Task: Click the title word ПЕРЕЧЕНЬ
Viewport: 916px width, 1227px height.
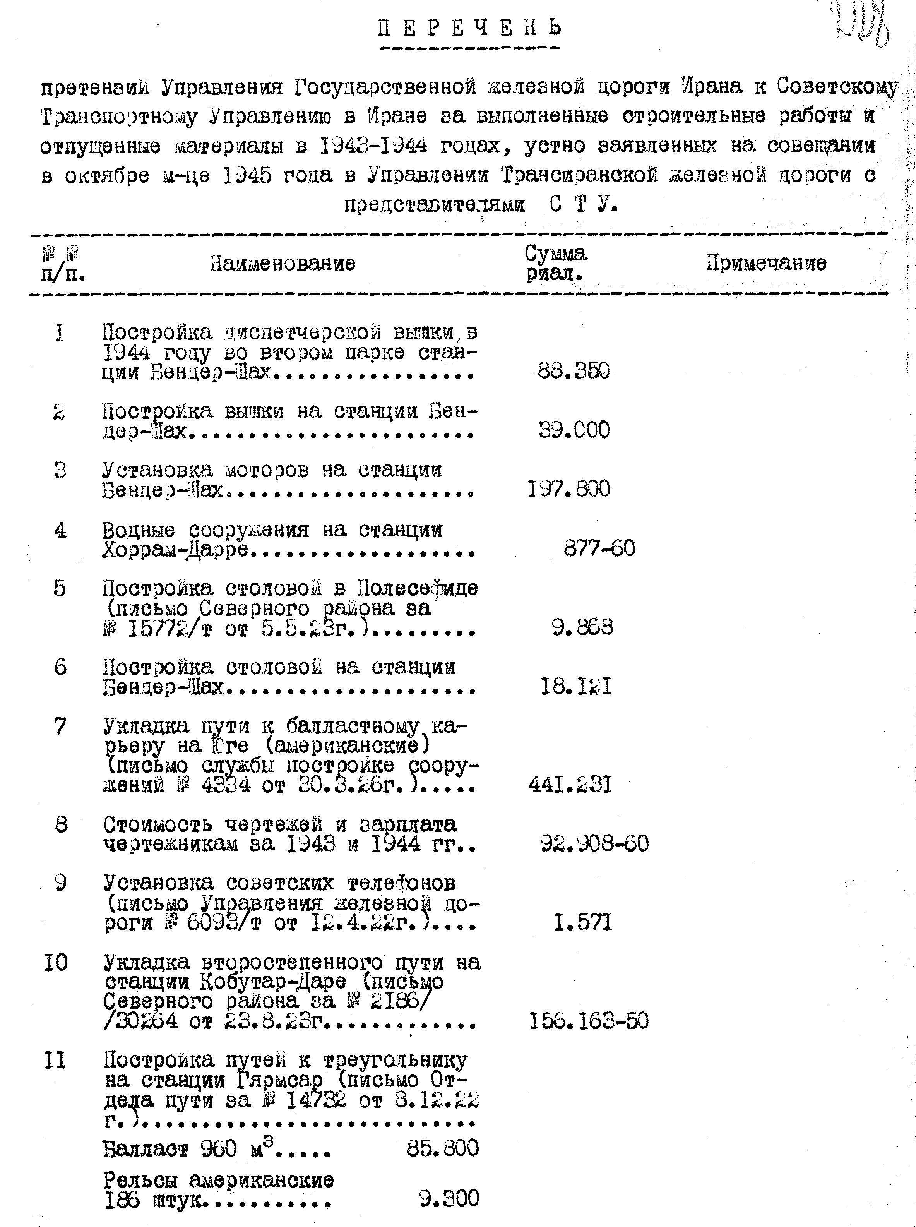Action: pyautogui.click(x=470, y=28)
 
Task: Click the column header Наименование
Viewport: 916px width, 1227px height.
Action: pyautogui.click(x=283, y=263)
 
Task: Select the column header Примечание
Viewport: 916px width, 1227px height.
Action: pyautogui.click(x=766, y=263)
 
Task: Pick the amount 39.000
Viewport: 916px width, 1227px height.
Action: pyautogui.click(x=574, y=430)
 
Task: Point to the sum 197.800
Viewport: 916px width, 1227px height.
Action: pyautogui.click(x=569, y=489)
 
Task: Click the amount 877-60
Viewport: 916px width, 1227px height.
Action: pyautogui.click(x=599, y=549)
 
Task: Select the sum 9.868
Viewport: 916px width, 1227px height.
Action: pyautogui.click(x=582, y=627)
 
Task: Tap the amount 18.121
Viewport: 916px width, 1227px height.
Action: pyautogui.click(x=576, y=687)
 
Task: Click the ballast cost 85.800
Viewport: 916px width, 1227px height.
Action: pyautogui.click(x=442, y=1148)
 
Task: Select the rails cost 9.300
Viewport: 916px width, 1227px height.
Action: pyautogui.click(x=449, y=1199)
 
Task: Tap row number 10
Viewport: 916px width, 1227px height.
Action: pyautogui.click(x=55, y=963)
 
